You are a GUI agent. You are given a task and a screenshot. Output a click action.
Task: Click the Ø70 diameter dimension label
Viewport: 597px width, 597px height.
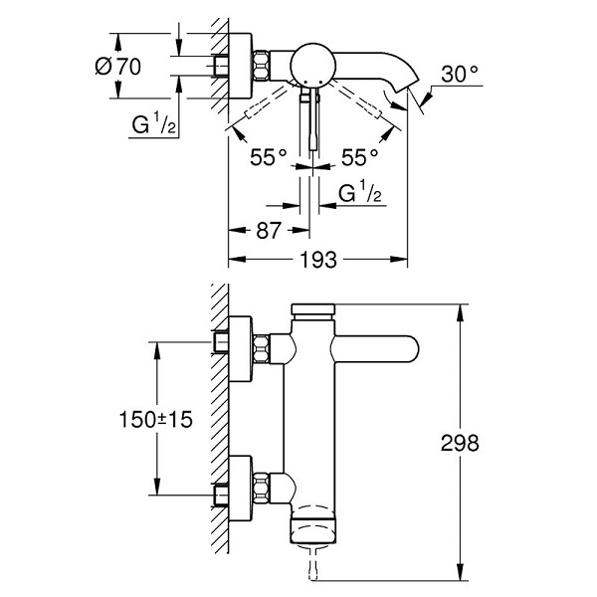(117, 67)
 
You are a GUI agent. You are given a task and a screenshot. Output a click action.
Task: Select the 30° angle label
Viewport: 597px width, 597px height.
(460, 74)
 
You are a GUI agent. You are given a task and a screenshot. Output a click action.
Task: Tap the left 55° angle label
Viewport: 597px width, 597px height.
(268, 157)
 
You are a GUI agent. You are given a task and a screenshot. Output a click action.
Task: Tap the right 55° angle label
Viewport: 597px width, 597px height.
(359, 157)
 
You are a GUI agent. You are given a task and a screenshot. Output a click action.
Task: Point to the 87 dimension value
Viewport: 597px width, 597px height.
(269, 230)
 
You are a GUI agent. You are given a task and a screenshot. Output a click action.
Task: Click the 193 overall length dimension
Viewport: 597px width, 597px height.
(318, 260)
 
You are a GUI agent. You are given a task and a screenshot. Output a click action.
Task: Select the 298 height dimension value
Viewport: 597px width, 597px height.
(460, 443)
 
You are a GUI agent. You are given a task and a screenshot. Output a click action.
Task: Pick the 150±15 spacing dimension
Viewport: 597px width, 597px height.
(156, 419)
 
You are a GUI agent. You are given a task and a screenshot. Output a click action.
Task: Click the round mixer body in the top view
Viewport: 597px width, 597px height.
(312, 65)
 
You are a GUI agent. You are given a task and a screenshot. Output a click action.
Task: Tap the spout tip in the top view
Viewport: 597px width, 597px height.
(407, 83)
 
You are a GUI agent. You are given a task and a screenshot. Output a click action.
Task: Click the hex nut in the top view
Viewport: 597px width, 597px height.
(261, 65)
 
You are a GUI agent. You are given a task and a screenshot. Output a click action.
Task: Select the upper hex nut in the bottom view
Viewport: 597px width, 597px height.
(261, 349)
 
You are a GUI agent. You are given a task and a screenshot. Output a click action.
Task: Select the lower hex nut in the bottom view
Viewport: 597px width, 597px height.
(261, 488)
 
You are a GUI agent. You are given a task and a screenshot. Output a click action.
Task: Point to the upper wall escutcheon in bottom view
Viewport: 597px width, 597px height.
(240, 349)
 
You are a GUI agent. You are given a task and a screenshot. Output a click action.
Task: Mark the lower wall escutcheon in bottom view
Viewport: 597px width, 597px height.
(240, 489)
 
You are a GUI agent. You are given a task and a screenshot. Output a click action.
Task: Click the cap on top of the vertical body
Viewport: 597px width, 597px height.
(313, 309)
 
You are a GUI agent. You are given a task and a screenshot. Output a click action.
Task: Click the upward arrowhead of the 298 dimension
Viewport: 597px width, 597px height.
(460, 313)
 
